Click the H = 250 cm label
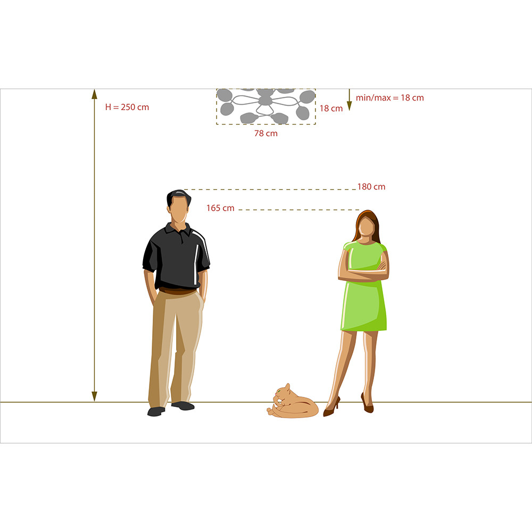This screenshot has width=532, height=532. pyautogui.click(x=127, y=107)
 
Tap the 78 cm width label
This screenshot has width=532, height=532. pyautogui.click(x=266, y=134)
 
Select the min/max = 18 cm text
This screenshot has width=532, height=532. pyautogui.click(x=390, y=98)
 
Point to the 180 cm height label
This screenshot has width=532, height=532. pyautogui.click(x=371, y=187)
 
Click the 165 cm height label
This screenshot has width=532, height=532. pyautogui.click(x=221, y=208)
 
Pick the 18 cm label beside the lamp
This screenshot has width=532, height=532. pyautogui.click(x=331, y=108)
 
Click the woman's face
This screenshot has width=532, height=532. pyautogui.click(x=367, y=226)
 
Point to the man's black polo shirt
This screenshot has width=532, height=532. pyautogui.click(x=176, y=257)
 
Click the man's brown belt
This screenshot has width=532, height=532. pyautogui.click(x=178, y=291)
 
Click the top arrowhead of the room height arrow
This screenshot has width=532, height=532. pyautogui.click(x=94, y=94)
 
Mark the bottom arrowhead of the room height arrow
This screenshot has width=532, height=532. pyautogui.click(x=94, y=396)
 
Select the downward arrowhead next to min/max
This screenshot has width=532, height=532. pyautogui.click(x=349, y=106)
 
